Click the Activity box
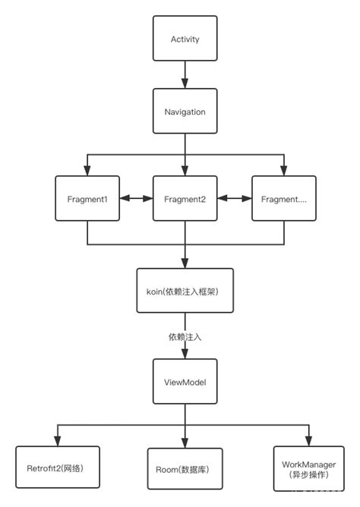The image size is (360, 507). [185, 39]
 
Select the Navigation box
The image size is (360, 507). [185, 112]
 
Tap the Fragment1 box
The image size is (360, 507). [87, 199]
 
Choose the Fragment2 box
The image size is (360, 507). [185, 199]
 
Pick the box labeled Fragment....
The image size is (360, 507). [283, 199]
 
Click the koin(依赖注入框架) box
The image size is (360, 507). [185, 291]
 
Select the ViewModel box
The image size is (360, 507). [185, 382]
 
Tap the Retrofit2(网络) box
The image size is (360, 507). [58, 468]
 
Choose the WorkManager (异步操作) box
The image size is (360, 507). [310, 468]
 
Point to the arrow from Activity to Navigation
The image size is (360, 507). [185, 75]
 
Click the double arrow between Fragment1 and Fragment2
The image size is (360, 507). [136, 199]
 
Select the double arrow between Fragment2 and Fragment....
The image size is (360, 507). [235, 199]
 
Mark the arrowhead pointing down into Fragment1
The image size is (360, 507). [87, 171]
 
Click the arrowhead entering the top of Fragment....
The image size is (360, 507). [283, 171]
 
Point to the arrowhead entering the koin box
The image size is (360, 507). [185, 263]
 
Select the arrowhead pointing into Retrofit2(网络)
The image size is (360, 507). [58, 441]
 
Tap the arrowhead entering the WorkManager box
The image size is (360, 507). [310, 441]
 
